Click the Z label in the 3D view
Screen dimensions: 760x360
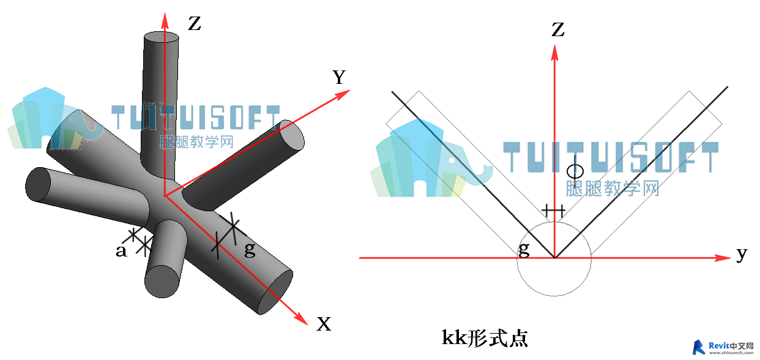click(195, 24)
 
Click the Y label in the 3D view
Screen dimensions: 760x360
click(339, 77)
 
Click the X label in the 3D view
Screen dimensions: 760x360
click(324, 324)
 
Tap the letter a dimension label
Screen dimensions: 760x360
click(121, 251)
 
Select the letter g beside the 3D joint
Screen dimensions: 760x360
click(250, 250)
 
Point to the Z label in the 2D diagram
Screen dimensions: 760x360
click(558, 29)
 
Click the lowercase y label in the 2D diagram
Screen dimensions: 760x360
click(742, 254)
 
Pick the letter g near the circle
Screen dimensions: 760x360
click(524, 250)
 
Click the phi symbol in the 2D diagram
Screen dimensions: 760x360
click(575, 171)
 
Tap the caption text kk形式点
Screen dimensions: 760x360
click(485, 338)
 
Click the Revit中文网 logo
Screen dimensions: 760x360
click(722, 347)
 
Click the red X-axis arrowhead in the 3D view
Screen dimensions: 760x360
click(301, 318)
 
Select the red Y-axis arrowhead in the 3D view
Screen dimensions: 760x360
click(343, 94)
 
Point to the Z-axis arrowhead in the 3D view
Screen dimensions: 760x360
click(165, 20)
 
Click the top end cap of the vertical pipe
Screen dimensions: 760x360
click(162, 37)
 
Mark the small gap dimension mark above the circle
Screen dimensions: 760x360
click(553, 211)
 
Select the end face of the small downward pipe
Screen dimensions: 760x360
click(162, 282)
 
